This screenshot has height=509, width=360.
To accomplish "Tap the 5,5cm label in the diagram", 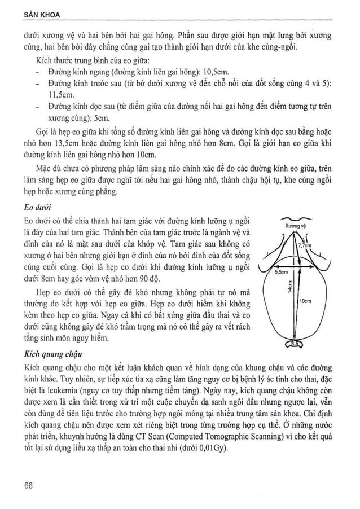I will (x=282, y=271).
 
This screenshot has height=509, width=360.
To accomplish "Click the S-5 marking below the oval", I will (x=296, y=344).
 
